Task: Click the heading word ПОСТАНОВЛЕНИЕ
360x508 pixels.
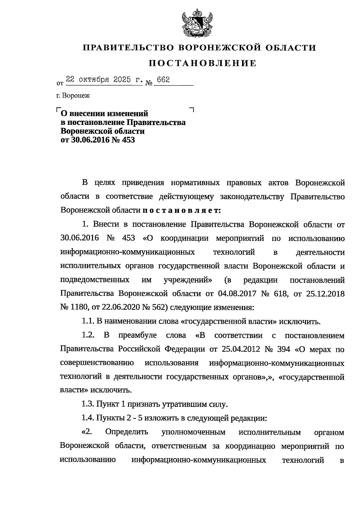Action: click(x=203, y=63)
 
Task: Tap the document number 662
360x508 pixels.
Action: click(x=163, y=80)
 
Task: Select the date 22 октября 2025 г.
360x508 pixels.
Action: click(x=104, y=80)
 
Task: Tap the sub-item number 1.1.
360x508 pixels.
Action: click(x=88, y=322)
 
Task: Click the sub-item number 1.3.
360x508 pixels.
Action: click(x=88, y=404)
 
